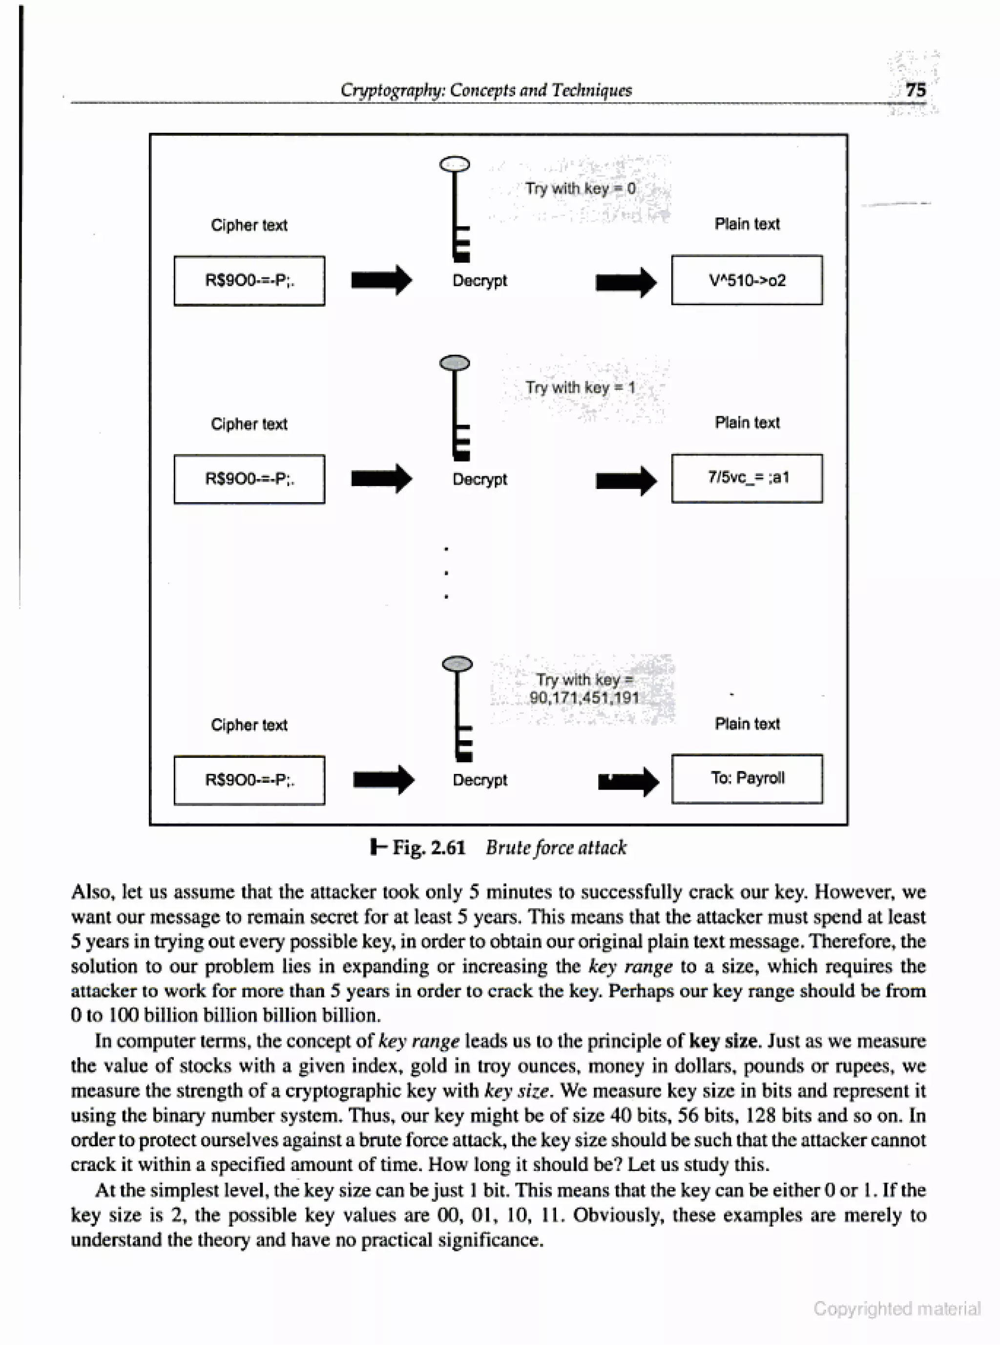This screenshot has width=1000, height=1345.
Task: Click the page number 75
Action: (915, 90)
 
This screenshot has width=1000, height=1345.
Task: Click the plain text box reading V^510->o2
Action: (747, 280)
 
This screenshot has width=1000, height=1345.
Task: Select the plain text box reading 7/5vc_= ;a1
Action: (747, 478)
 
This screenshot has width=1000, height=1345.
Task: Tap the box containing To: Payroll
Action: (747, 778)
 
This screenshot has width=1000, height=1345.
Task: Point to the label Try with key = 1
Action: (580, 387)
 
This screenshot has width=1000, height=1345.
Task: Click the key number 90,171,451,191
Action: (584, 698)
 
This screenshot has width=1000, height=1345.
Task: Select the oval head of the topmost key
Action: (455, 164)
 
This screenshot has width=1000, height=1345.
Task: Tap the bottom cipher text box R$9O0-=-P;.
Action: (249, 780)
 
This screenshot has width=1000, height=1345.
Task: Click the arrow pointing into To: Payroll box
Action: (628, 782)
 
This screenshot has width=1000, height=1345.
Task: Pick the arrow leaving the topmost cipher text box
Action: (381, 280)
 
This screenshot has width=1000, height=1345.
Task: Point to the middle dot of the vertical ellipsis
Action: (446, 572)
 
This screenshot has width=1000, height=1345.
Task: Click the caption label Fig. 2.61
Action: (427, 847)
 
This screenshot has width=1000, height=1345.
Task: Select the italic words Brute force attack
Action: (556, 847)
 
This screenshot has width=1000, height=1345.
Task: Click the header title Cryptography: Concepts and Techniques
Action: (485, 90)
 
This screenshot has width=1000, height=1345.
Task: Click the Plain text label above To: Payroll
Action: (747, 724)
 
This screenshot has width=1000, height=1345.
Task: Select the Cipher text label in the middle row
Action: (249, 424)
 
